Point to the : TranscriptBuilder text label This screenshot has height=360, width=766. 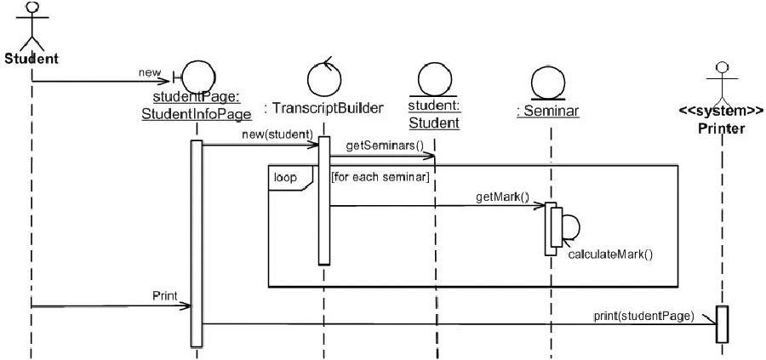[x=323, y=108]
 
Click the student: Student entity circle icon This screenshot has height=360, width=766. [x=433, y=80]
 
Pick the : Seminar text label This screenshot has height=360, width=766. [x=548, y=108]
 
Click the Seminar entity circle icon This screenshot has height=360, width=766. [x=549, y=80]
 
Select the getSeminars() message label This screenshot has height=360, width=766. [x=384, y=146]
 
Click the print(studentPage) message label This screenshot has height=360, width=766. [x=643, y=316]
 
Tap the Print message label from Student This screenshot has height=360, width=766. [x=164, y=297]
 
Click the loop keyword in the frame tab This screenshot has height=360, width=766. [x=284, y=178]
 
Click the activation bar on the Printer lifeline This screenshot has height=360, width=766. [x=722, y=323]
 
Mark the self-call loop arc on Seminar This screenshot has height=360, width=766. [x=572, y=227]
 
